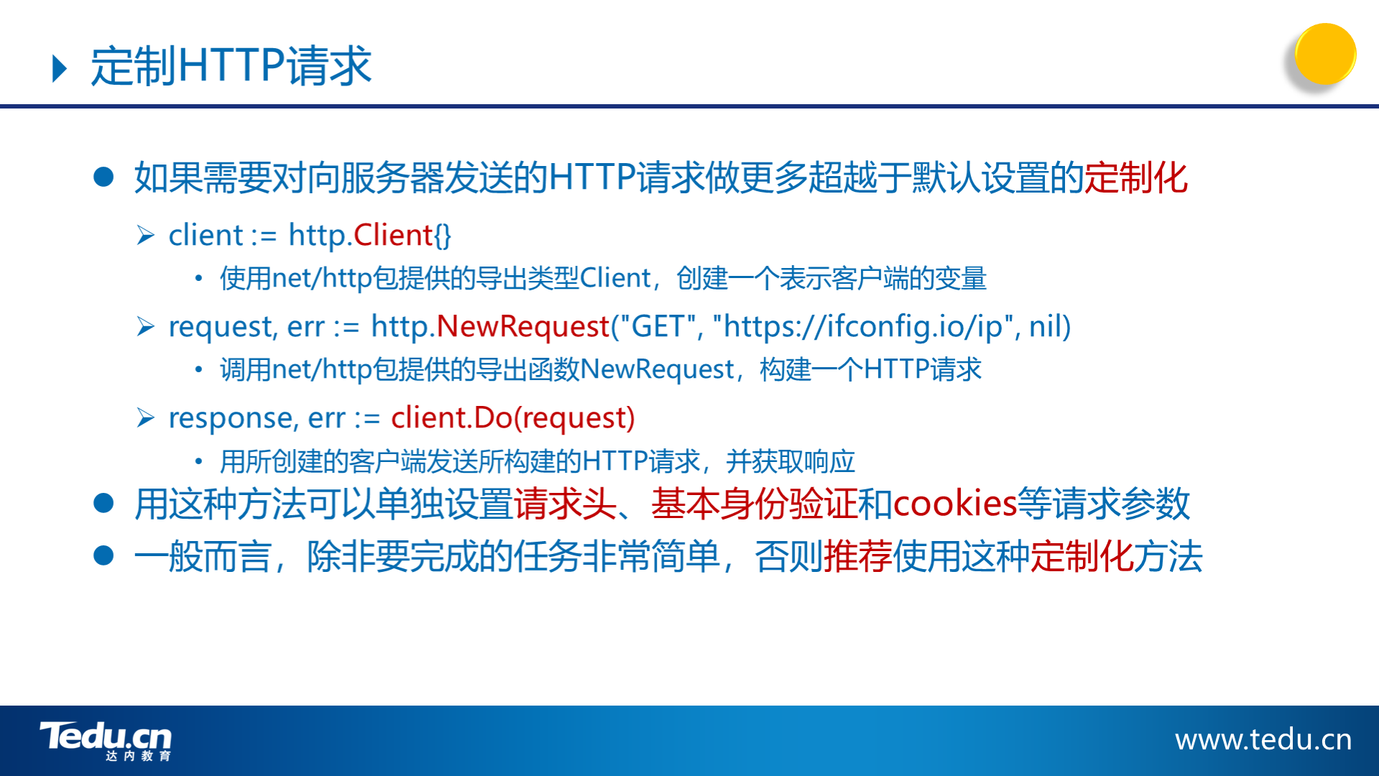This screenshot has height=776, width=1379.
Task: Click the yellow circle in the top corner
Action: point(1325,54)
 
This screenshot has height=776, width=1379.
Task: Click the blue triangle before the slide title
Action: point(60,68)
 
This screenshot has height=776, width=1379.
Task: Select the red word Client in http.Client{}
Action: point(392,235)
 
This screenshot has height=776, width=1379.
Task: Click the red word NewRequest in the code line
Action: point(523,326)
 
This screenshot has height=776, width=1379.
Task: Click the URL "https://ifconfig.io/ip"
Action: point(863,326)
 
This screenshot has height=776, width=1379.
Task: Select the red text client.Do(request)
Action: point(513,417)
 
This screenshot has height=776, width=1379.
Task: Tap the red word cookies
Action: point(954,503)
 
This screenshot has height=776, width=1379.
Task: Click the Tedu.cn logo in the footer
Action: point(106,741)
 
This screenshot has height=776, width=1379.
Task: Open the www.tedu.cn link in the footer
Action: point(1263,739)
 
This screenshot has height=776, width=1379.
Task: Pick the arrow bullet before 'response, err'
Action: point(146,417)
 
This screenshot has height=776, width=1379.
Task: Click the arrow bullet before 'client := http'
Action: point(146,235)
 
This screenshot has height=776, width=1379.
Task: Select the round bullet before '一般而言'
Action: point(103,555)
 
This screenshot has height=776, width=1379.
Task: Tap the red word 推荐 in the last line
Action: point(858,556)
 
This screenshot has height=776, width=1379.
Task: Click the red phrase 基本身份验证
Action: point(755,503)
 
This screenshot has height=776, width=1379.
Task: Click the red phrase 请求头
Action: point(565,503)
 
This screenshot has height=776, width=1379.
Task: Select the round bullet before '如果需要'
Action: point(103,177)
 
